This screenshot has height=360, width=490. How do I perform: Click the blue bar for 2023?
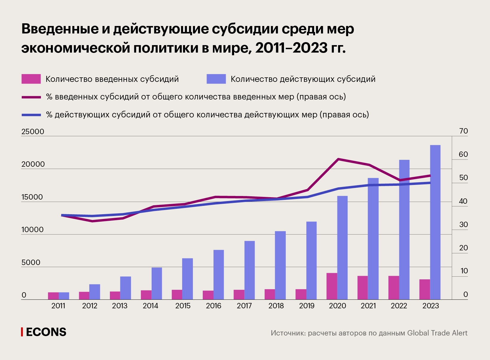(x=435, y=222)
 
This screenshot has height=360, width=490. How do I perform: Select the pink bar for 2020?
(x=332, y=286)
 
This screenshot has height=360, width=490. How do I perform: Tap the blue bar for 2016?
(x=219, y=275)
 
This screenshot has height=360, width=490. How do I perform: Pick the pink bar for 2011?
(x=53, y=296)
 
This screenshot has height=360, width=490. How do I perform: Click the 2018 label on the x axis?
(x=276, y=306)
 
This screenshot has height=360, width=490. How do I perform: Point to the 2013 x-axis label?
(x=120, y=306)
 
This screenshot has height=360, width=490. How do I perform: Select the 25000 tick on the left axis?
(x=33, y=132)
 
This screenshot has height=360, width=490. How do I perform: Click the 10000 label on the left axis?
(x=33, y=230)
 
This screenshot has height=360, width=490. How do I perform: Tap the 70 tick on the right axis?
(x=463, y=131)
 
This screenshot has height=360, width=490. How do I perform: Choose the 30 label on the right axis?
(x=463, y=225)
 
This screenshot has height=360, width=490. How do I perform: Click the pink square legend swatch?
(x=31, y=79)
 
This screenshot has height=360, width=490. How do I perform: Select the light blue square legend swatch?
(x=216, y=79)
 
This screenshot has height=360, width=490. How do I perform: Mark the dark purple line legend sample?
(x=31, y=97)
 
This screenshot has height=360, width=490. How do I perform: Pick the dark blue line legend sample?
(x=31, y=115)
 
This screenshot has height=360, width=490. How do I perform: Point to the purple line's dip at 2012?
(x=92, y=221)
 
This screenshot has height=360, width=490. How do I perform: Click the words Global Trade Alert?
(x=437, y=333)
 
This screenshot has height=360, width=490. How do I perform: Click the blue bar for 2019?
(x=311, y=261)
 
